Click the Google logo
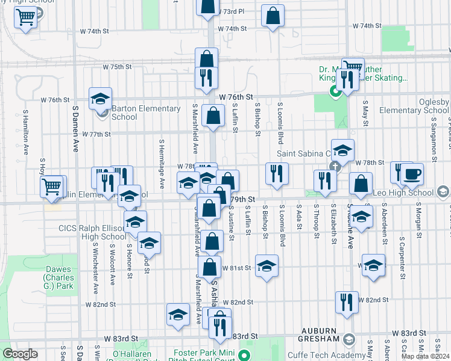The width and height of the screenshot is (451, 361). click(20, 354)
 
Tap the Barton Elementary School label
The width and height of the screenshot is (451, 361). click(146, 113)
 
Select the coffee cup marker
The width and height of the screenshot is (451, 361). click(412, 174)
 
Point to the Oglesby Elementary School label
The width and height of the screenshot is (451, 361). click(415, 106)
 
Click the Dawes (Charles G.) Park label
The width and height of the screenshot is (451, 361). click(58, 277)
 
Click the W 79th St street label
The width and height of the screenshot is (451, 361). click(244, 199)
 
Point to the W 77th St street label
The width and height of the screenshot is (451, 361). click(96, 134)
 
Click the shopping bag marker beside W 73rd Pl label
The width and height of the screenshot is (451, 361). click(207, 6)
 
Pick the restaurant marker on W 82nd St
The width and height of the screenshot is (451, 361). click(345, 303)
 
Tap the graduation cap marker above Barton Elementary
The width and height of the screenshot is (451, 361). click(101, 97)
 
